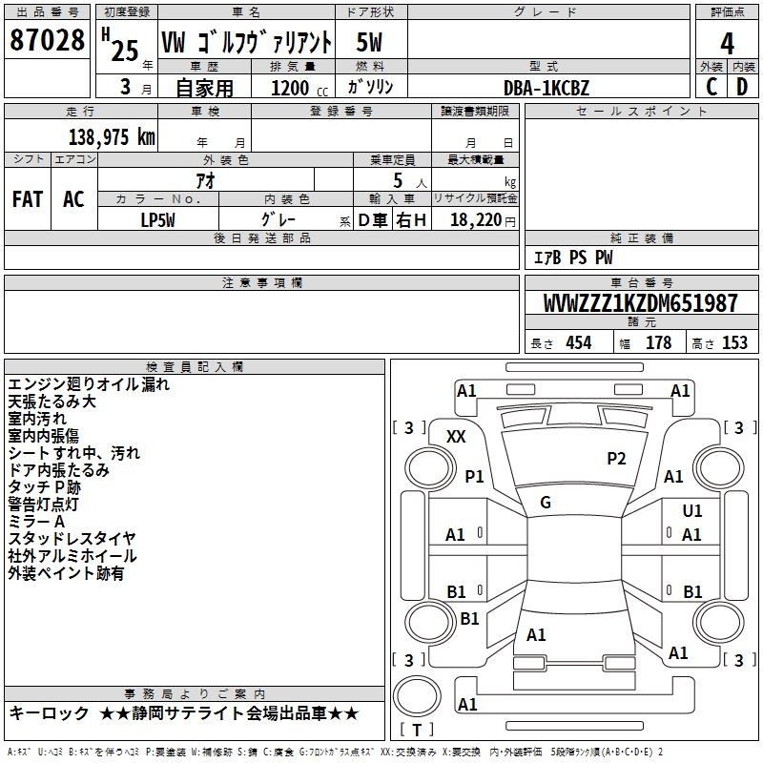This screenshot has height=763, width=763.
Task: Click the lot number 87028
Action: click(47, 40)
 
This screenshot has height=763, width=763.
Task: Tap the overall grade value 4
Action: click(727, 43)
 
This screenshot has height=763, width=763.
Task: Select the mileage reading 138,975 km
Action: click(112, 136)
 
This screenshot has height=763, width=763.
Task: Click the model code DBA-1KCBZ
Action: click(546, 88)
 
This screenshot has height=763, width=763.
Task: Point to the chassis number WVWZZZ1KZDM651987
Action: click(641, 302)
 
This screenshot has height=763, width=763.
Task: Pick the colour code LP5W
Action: click(157, 220)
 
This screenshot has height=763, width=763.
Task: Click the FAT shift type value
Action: click(28, 199)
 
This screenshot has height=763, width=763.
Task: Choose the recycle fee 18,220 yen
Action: click(483, 220)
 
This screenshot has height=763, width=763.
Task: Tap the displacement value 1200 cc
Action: click(299, 88)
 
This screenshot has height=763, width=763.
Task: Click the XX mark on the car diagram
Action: click(456, 437)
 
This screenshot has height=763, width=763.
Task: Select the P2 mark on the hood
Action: click(616, 459)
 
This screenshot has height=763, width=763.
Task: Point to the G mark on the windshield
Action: click(546, 503)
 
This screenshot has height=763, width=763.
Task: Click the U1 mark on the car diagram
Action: click(692, 511)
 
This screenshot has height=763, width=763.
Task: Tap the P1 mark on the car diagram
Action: click(474, 476)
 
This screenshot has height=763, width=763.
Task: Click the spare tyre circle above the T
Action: click(417, 696)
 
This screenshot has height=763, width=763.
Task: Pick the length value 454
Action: click(579, 342)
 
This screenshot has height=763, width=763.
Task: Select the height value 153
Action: click(734, 342)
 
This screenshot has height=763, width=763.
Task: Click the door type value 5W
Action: click(369, 42)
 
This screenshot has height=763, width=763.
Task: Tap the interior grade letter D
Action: click(742, 87)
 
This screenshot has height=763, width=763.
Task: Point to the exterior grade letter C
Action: click(711, 87)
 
